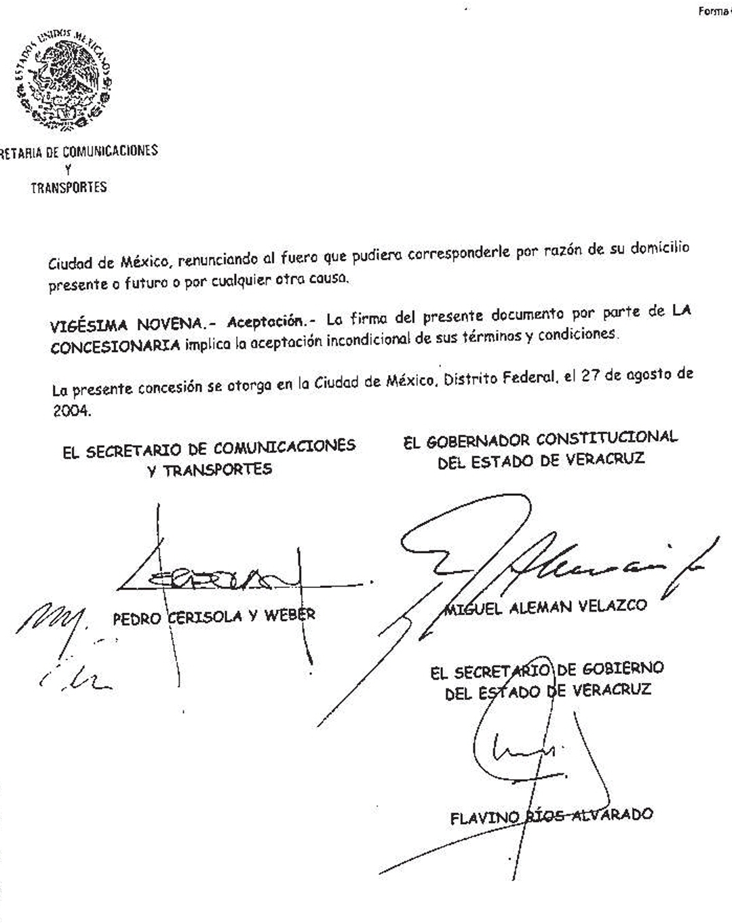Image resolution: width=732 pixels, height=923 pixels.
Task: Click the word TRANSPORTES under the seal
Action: (x=69, y=187)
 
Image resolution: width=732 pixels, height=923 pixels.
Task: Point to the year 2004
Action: (x=71, y=410)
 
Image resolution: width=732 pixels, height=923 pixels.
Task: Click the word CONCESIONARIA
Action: (x=116, y=346)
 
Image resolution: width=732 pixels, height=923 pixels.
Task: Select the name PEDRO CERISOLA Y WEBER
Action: (x=214, y=617)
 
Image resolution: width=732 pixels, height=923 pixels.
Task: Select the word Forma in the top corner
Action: (x=712, y=12)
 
